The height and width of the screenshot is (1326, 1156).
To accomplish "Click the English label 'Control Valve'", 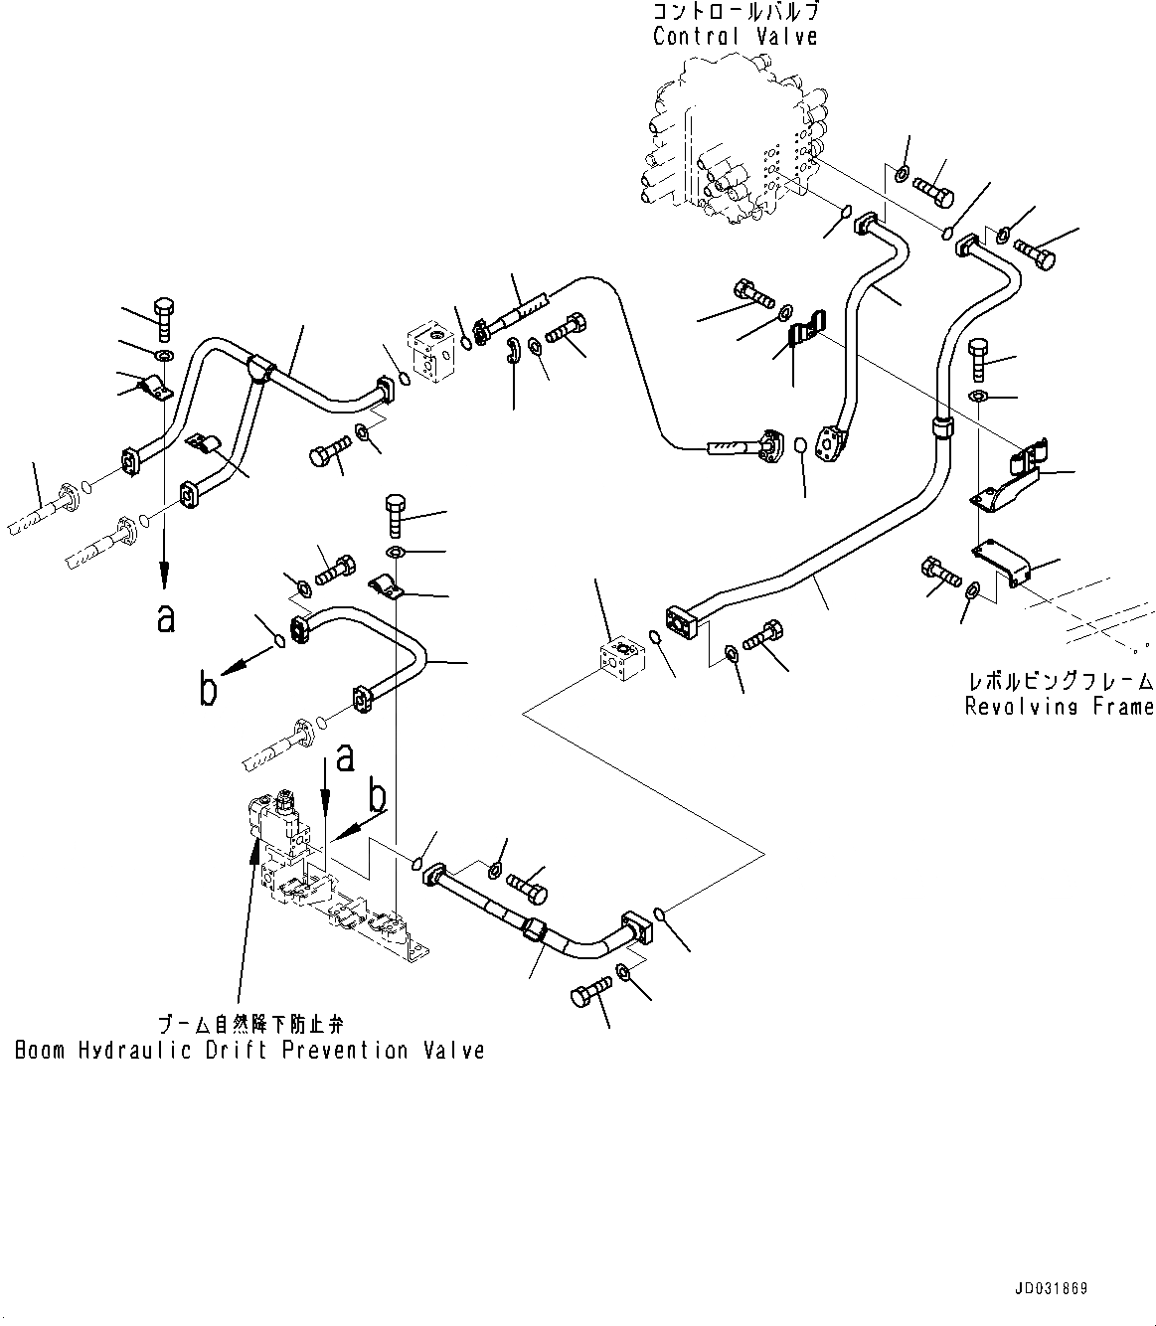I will click(x=736, y=37).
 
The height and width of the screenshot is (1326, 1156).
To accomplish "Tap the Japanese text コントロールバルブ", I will click(x=736, y=13).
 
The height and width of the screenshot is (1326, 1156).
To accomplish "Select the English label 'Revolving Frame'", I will click(x=1060, y=707).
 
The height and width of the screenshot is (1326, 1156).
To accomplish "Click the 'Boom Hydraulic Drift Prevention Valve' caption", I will click(x=249, y=1051).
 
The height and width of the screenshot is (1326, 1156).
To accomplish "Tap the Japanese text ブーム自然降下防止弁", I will click(x=249, y=1024).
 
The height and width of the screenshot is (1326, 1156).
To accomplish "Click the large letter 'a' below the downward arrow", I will click(x=166, y=618).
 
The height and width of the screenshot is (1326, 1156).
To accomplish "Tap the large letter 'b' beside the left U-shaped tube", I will click(x=209, y=689).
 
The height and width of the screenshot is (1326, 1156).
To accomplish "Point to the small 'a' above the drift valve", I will click(x=345, y=758).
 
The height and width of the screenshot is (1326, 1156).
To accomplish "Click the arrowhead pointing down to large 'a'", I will click(x=165, y=577).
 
